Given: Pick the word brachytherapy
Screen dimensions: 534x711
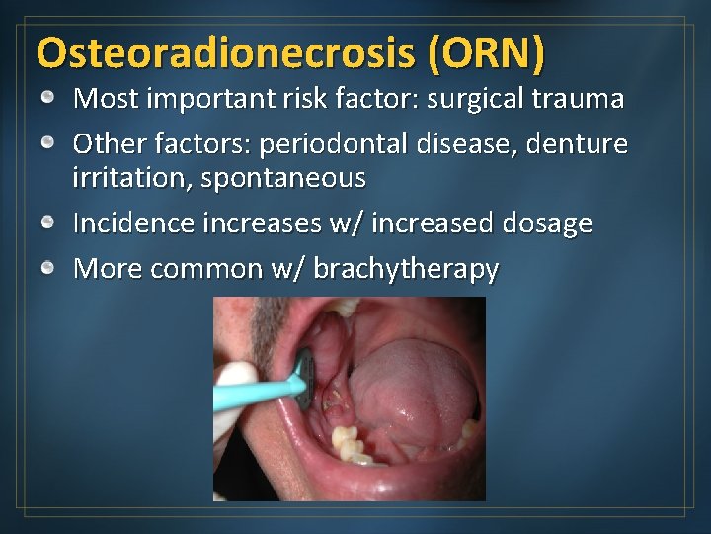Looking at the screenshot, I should (x=406, y=269).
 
